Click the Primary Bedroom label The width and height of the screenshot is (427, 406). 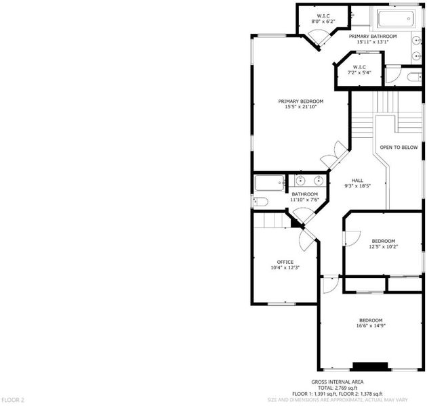click(x=301, y=101)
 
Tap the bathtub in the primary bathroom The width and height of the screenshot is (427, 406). click(x=396, y=18)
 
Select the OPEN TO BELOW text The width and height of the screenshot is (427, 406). click(x=399, y=148)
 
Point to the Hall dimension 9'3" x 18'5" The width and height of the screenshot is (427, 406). click(x=357, y=186)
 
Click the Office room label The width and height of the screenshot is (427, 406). click(x=285, y=262)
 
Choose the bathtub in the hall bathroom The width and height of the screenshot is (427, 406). click(x=269, y=183)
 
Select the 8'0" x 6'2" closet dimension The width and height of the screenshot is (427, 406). click(x=323, y=22)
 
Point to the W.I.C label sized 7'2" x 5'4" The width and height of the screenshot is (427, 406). click(x=359, y=67)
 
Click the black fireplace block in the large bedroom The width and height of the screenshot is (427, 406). click(x=370, y=366)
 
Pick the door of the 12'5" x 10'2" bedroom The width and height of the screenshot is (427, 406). click(x=353, y=238)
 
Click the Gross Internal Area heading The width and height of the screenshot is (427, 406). click(x=338, y=382)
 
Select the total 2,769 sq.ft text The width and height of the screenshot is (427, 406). click(x=338, y=388)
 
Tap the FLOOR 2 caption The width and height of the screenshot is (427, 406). click(x=13, y=400)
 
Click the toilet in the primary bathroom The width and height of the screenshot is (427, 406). click(x=414, y=77)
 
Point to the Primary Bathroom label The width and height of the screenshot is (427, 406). click(x=373, y=36)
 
